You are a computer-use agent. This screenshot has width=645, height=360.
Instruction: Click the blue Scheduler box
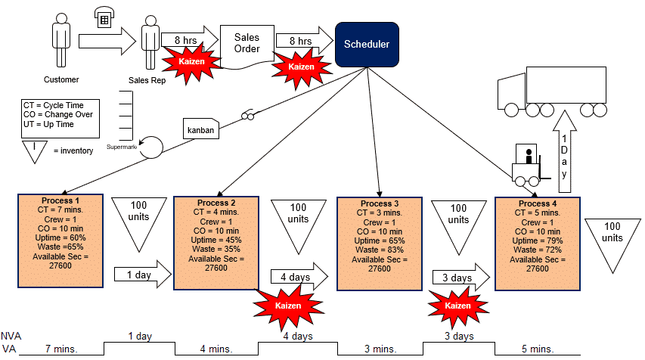click(x=367, y=45)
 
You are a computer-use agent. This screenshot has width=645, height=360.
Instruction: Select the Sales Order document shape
click(x=247, y=45)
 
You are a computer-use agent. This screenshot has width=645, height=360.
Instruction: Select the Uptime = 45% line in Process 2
click(x=217, y=240)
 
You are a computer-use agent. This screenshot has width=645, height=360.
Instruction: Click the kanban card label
click(x=200, y=130)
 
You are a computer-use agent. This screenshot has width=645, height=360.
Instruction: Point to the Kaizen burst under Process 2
click(x=287, y=306)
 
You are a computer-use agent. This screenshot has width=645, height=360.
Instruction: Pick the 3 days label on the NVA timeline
click(x=458, y=336)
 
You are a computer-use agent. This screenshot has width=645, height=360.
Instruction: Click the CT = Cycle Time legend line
click(x=54, y=105)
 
